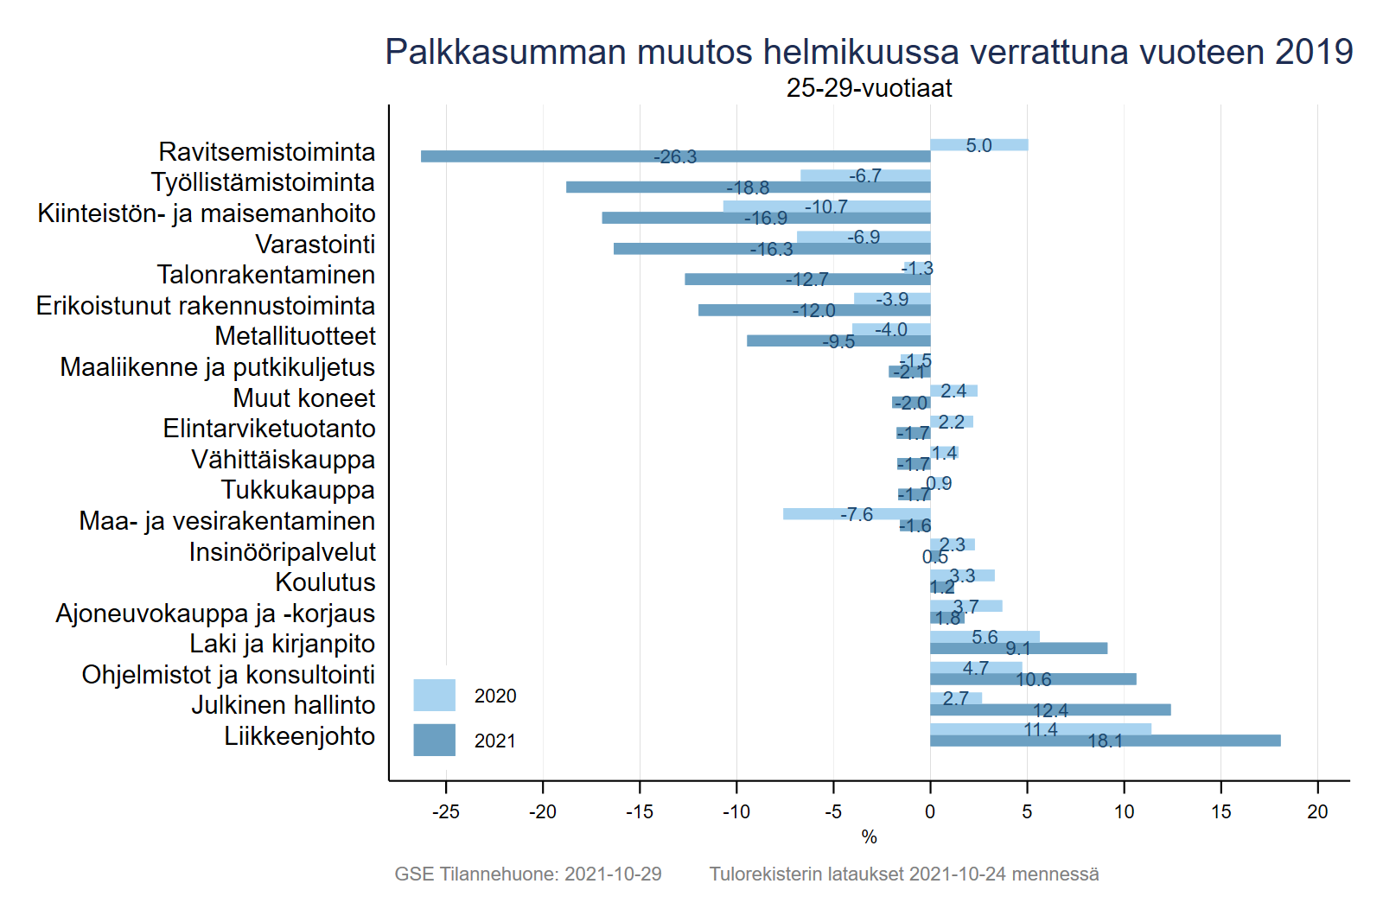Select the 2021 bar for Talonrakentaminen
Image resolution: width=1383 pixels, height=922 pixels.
[735, 279]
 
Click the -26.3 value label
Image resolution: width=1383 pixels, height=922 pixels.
[675, 157]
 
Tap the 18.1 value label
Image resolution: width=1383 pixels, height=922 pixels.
[1105, 741]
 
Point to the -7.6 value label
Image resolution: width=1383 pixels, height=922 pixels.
[857, 515]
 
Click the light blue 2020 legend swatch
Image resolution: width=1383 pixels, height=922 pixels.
[434, 696]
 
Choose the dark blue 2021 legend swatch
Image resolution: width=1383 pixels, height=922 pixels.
[434, 741]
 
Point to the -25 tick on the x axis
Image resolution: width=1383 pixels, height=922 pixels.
[446, 812]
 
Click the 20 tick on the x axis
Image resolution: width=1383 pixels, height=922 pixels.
[1317, 812]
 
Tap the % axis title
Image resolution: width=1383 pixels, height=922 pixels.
[869, 837]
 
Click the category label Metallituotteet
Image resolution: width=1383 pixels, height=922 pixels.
[295, 336]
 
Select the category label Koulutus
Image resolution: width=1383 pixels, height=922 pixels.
[325, 582]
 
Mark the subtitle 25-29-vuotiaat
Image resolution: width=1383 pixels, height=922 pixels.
[869, 88]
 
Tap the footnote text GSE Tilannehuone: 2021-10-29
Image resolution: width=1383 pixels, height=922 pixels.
[528, 874]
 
